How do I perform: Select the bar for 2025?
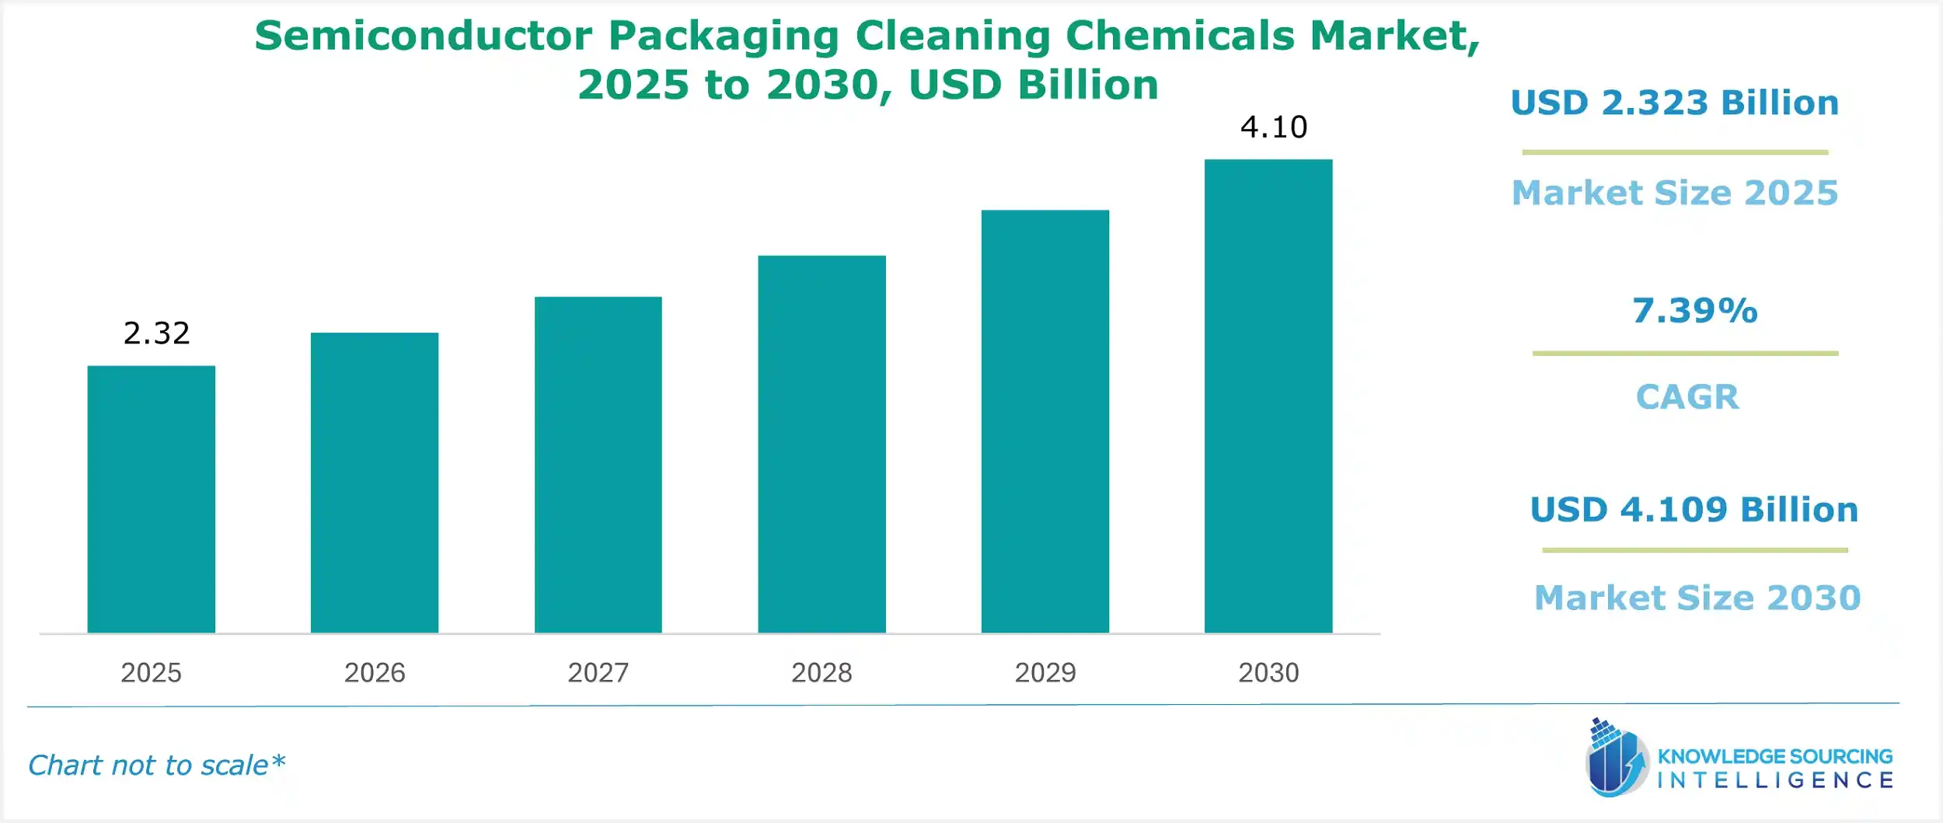coord(151,499)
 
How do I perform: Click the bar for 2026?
coord(375,483)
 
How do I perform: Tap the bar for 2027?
coord(598,465)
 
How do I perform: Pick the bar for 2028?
coord(822,444)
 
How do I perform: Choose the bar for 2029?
coord(1045,421)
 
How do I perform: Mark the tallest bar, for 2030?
coord(1268,396)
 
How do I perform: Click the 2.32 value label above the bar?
coord(156,333)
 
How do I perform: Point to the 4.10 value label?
coord(1274,127)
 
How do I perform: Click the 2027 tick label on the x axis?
coord(598,672)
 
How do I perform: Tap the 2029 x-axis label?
coord(1045,672)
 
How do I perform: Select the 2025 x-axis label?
coord(151,672)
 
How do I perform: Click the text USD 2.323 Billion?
coord(1674,103)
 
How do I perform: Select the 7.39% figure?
coord(1694,311)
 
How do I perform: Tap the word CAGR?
coord(1687,397)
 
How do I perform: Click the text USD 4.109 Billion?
coord(1694,510)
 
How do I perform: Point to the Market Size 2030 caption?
coord(1697,598)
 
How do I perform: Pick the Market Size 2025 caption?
coord(1675,193)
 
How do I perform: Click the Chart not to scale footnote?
coord(156,765)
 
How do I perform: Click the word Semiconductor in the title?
coord(423,36)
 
